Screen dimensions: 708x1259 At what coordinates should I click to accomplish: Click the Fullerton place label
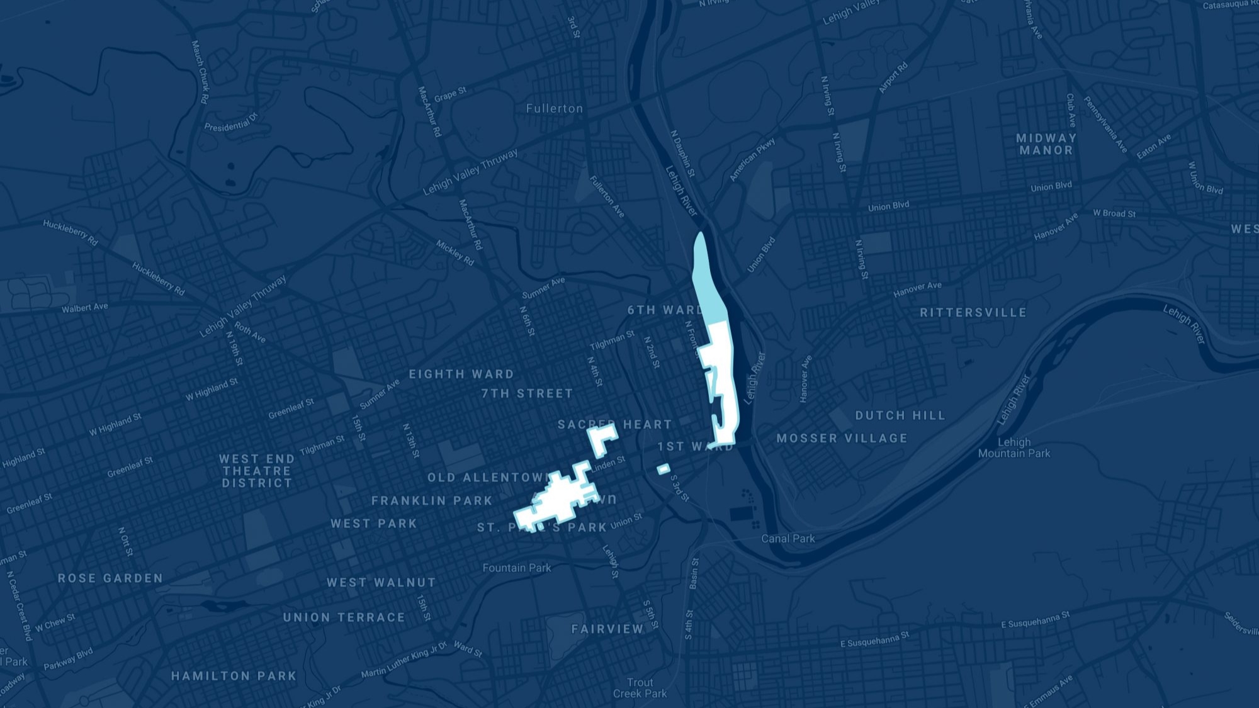coord(554,108)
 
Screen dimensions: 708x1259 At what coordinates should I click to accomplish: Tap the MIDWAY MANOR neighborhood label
coord(1046,144)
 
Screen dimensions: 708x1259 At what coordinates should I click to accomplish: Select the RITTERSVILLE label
coord(973,312)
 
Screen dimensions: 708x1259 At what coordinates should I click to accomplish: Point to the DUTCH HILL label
coord(900,415)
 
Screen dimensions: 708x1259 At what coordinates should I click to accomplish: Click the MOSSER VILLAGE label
coord(842,438)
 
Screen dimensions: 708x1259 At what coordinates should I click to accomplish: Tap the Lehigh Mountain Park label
coord(1013,447)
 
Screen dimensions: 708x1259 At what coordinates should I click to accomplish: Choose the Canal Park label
coord(788,539)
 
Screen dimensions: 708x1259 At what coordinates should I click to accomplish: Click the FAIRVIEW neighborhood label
coord(607,629)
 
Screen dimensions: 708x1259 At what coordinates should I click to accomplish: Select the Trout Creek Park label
coord(640,688)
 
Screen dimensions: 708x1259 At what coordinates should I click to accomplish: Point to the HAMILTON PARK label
coord(234,676)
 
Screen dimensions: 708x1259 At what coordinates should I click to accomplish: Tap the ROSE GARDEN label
coord(110,578)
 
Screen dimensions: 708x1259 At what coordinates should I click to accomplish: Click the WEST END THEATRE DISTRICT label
coord(257,471)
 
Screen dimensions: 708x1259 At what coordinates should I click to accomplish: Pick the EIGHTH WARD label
coord(461,374)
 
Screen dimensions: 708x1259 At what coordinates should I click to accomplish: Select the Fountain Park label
coord(516,568)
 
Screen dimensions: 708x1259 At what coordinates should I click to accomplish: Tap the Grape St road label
coord(450,94)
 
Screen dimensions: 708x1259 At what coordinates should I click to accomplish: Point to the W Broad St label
coord(1114,213)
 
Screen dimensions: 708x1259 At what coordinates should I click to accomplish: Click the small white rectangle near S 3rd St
coord(663,469)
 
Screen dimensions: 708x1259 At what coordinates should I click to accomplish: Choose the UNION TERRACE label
coord(344,617)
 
